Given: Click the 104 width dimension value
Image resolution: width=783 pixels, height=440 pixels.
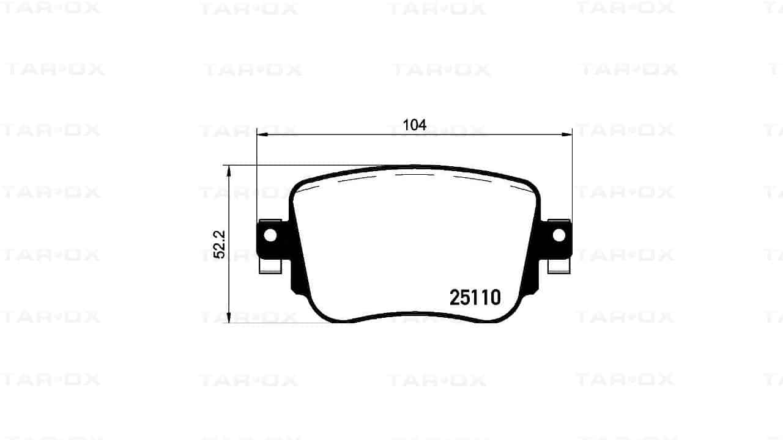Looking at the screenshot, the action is pos(415,125).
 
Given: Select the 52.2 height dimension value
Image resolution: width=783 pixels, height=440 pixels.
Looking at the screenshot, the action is pos(220,244).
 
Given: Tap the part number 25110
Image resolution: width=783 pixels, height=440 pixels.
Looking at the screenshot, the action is pos(475,298).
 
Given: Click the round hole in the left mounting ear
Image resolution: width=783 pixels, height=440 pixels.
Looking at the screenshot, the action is pos(270,235).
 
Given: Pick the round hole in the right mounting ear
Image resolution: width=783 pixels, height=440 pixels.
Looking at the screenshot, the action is pos(559,235).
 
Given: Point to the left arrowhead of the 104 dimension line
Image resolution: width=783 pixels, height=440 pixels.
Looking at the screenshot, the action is pos(262,134).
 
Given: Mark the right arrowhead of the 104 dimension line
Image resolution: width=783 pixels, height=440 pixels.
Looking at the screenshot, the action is pos(566,134).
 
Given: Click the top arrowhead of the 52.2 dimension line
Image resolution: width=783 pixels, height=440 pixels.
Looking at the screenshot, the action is pos(229,171).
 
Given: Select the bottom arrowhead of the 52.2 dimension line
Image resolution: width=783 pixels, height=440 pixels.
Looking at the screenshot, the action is pos(229,317).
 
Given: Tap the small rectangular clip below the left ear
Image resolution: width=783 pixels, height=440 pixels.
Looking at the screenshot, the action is pos(270,267).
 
